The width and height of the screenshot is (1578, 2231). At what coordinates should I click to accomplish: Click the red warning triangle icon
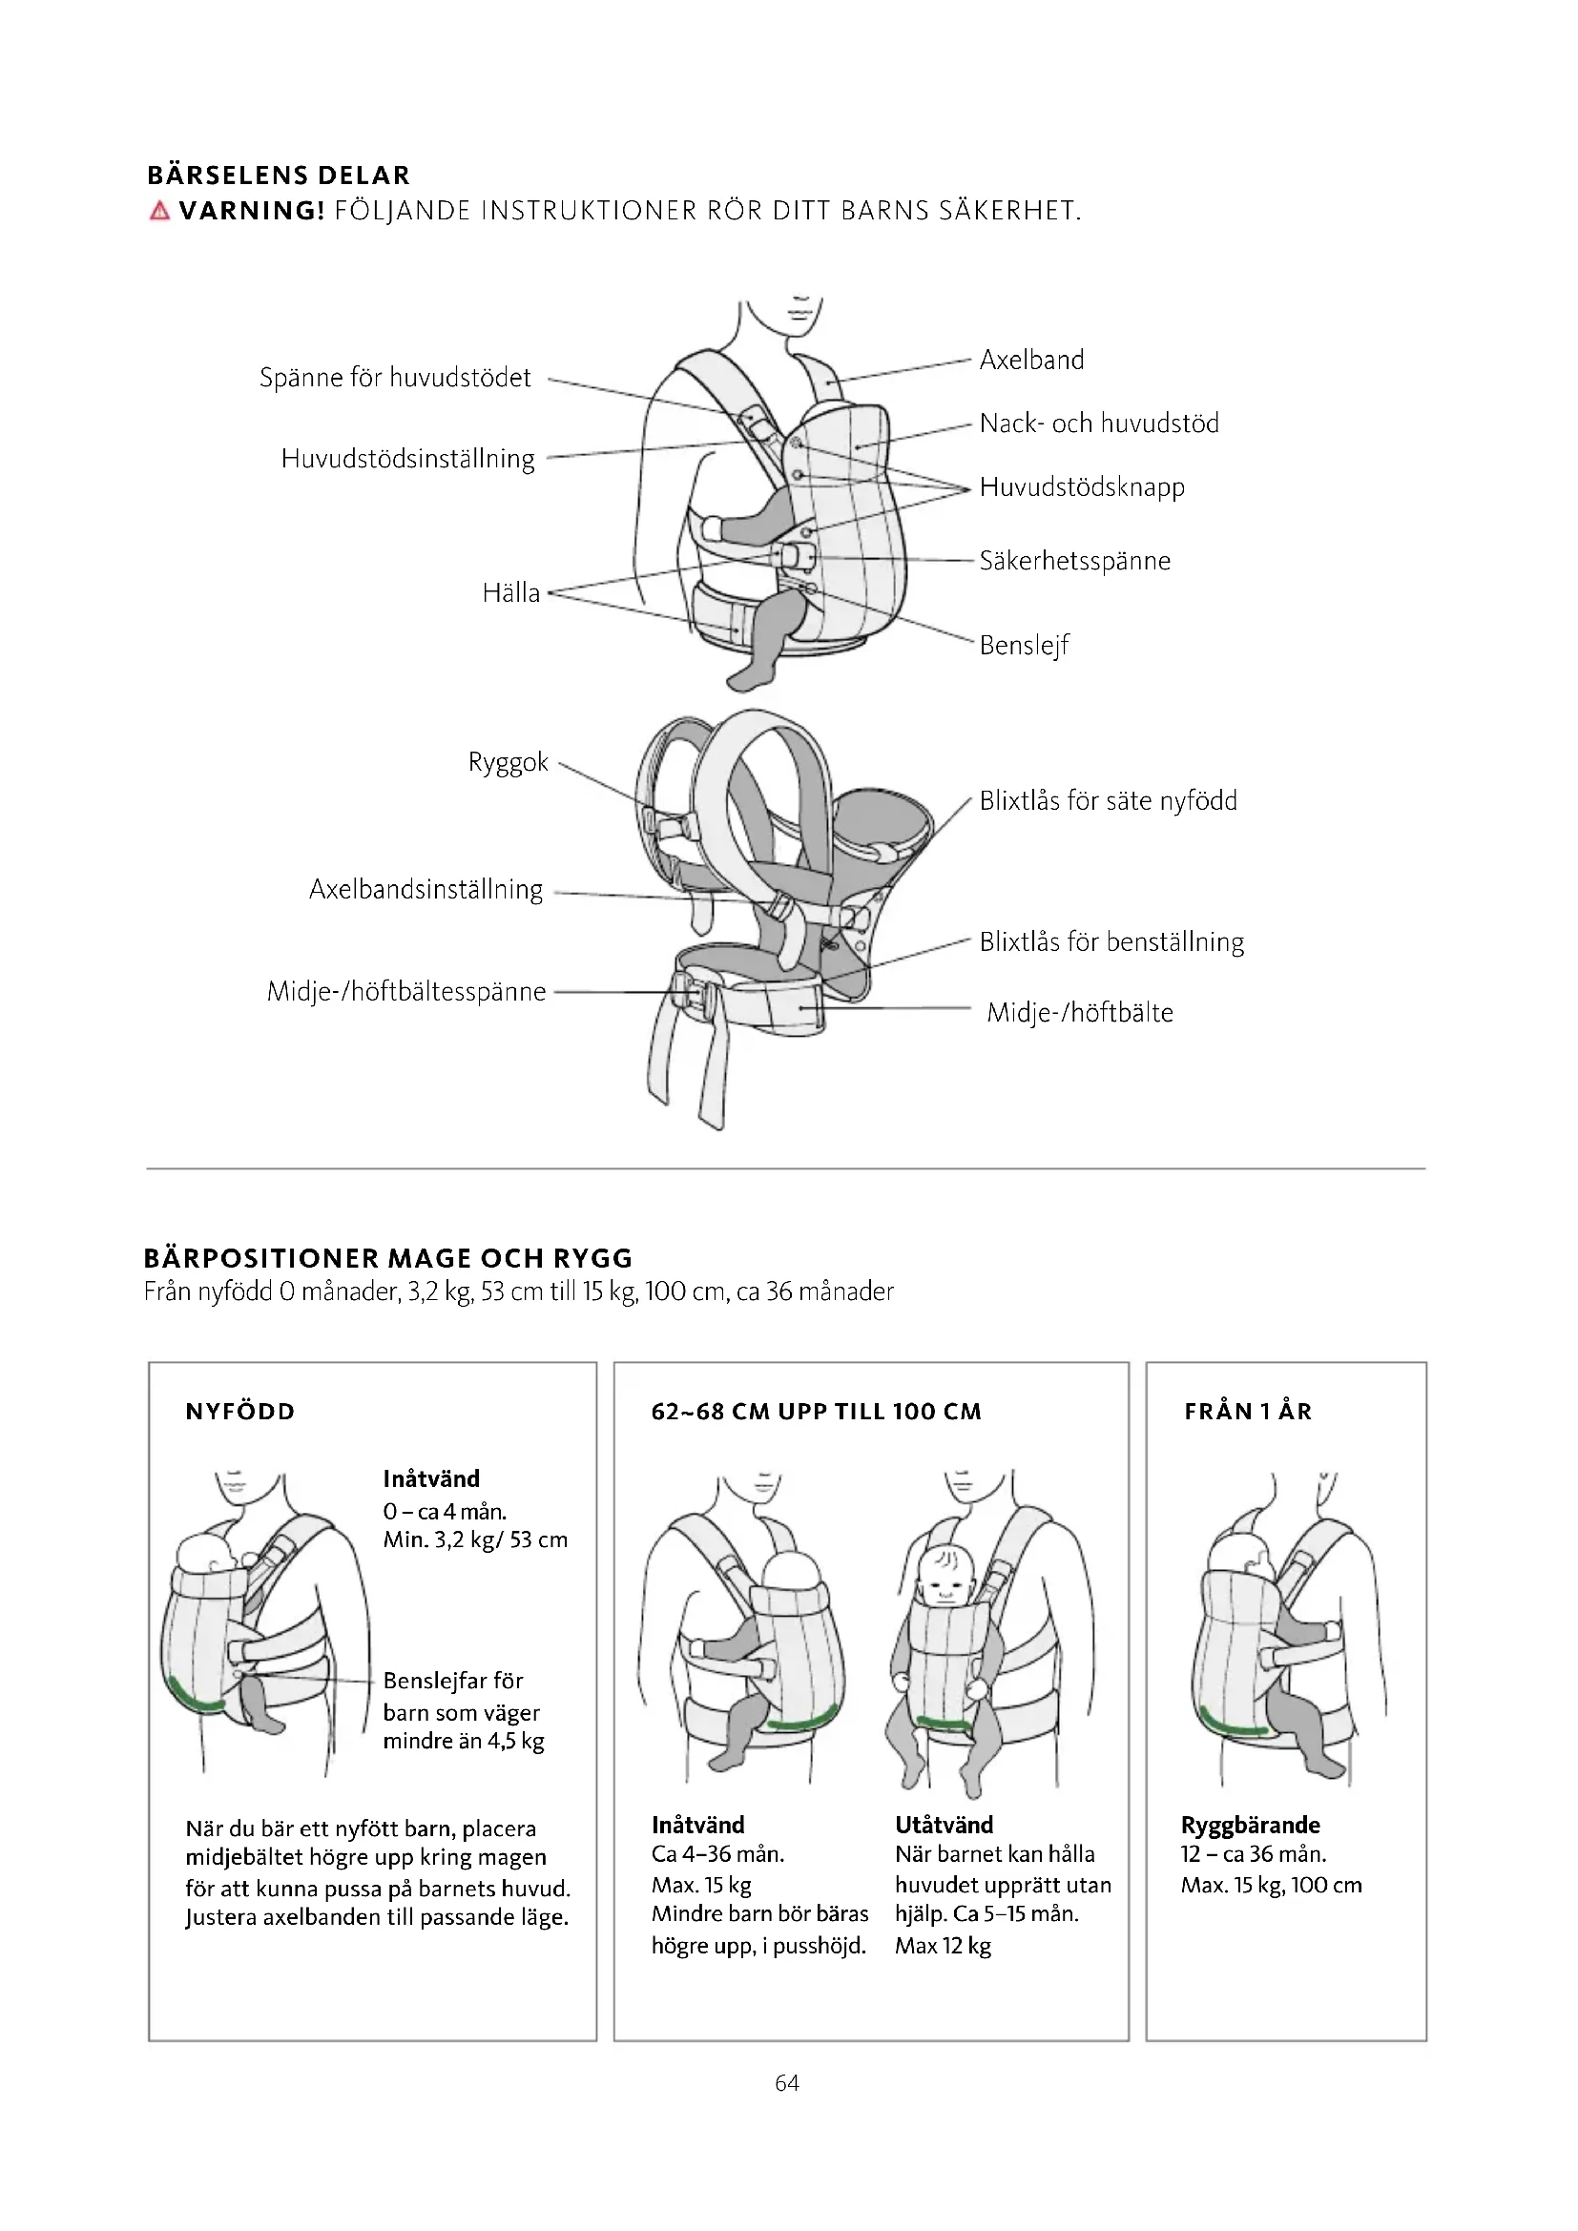coord(159,211)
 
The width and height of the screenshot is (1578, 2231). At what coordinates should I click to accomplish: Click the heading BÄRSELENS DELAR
coord(279,176)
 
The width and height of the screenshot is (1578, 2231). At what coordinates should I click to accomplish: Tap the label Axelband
coord(1031,361)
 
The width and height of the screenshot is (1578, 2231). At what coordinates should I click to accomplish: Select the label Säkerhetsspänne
coord(1074,561)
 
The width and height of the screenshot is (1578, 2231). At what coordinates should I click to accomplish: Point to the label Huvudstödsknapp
coord(1082,486)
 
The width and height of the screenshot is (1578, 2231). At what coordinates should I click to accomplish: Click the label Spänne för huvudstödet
coord(395,378)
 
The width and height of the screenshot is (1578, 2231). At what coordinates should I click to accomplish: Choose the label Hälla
coord(511,592)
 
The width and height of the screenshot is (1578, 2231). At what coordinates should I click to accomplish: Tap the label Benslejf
coord(1024,645)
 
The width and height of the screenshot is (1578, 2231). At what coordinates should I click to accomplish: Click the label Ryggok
coord(509,762)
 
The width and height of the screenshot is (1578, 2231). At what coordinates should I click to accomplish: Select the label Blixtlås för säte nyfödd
coord(1108,800)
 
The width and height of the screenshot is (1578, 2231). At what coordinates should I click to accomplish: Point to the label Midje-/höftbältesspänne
coord(406,992)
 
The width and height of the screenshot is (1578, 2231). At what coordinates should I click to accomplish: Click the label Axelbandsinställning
coord(426,890)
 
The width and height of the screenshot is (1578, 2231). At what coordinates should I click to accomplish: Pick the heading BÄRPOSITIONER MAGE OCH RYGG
coord(387,1258)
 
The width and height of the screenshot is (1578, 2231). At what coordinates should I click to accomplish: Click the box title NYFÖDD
coord(240,1412)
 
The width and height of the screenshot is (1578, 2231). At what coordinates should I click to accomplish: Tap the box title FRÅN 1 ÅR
coord(1248,1412)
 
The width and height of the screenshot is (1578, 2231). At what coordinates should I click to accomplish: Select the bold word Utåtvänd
coord(944,1825)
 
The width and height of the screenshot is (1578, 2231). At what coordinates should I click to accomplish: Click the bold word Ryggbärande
coord(1251,1825)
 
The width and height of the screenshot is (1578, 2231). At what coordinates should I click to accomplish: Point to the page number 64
coord(787,2082)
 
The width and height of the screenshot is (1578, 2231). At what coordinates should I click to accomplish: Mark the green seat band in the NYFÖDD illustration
coord(195,1694)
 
